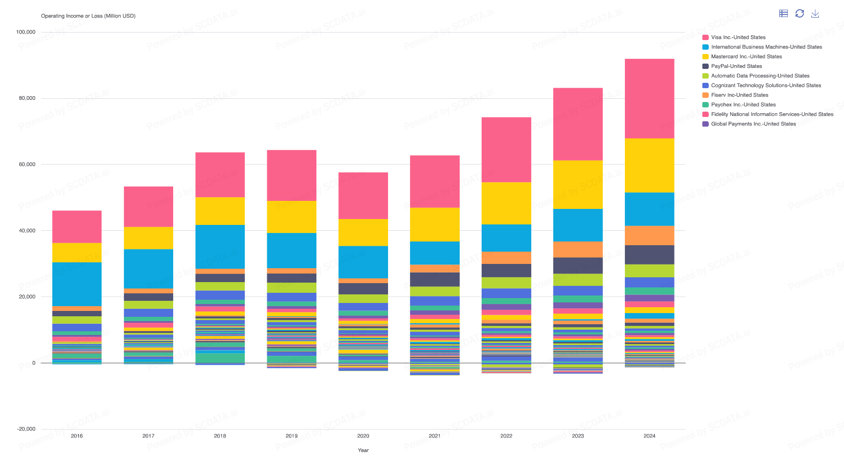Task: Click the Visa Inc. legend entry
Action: (738, 37)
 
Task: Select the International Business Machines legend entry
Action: (766, 47)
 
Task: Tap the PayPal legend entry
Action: (736, 66)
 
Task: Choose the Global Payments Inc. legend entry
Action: (753, 124)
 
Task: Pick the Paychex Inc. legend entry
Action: (743, 105)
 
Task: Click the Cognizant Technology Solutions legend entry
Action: (765, 85)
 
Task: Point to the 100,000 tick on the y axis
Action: (26, 32)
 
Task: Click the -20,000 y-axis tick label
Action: (26, 429)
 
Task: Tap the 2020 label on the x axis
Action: (363, 436)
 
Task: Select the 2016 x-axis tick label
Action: (77, 436)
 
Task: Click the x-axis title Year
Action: (363, 450)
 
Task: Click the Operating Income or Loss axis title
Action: (88, 16)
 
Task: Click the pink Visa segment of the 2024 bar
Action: (649, 98)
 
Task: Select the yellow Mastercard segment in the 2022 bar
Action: (506, 203)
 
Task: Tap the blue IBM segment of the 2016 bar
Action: (77, 284)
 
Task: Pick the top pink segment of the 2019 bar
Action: (291, 175)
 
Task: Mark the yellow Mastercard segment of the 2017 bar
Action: (149, 238)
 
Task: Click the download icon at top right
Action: (815, 13)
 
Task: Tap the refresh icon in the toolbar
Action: (800, 13)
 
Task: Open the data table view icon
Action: (784, 13)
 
